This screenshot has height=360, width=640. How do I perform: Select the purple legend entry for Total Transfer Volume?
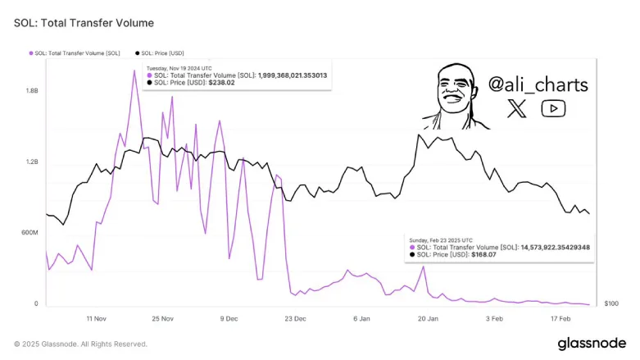[x=76, y=53]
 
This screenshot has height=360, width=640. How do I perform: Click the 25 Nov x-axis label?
[x=162, y=318]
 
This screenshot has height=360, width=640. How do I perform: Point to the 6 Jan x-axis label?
[x=361, y=318]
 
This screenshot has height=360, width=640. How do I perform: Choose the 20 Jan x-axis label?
[x=427, y=318]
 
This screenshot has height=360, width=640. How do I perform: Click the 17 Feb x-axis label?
[x=559, y=318]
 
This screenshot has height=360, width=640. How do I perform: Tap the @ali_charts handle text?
[x=538, y=84]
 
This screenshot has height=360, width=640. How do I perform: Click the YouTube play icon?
[x=554, y=108]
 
